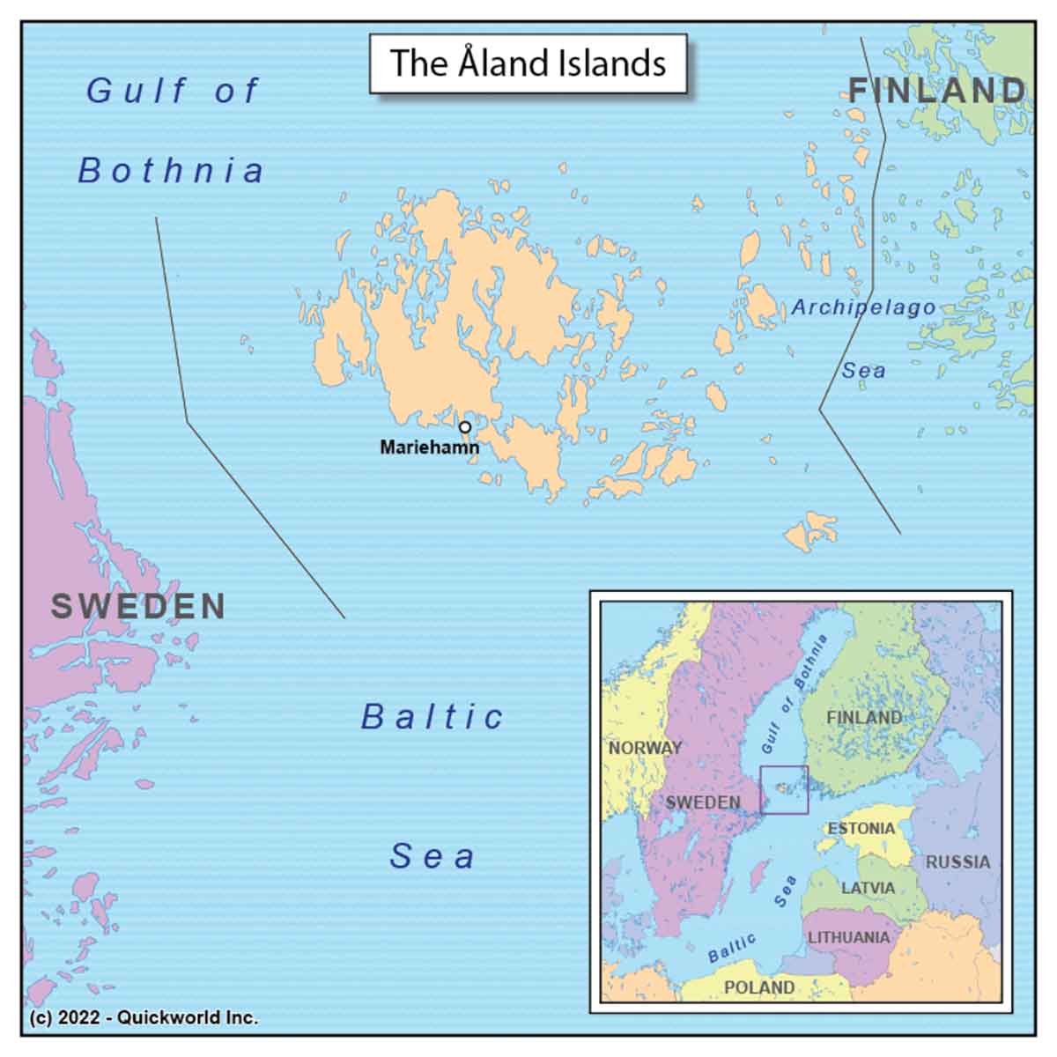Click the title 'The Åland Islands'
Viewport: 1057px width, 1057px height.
tap(528, 63)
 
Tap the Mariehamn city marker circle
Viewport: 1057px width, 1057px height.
tap(465, 427)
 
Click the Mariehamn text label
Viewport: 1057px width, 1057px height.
tap(429, 447)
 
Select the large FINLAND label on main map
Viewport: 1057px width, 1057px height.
tap(937, 91)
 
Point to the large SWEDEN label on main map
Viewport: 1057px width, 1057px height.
tap(138, 607)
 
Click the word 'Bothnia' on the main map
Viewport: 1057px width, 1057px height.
tap(171, 171)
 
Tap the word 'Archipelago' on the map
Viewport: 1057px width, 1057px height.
tap(862, 307)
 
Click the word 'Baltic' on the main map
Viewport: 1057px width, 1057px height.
tap(432, 717)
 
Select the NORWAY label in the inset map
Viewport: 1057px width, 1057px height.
tap(645, 748)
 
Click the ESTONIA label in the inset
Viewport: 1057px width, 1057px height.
tap(861, 828)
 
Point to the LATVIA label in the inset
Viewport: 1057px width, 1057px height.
tap(868, 888)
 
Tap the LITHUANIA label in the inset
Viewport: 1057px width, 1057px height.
tap(849, 937)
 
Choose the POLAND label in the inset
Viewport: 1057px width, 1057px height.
tap(758, 987)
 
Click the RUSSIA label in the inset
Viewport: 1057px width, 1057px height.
tap(957, 861)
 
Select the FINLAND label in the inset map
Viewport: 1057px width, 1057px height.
tap(863, 718)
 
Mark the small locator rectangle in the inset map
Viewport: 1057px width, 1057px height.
tap(784, 789)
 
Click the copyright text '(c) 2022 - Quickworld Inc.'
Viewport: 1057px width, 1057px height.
tap(144, 1017)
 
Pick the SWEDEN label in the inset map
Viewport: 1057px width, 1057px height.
tap(702, 802)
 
